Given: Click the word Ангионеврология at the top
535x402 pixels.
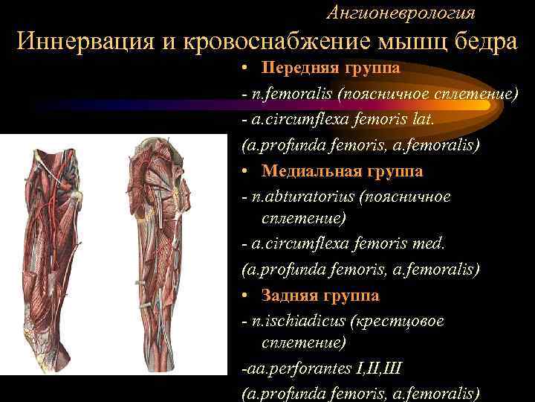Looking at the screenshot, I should click(401, 13).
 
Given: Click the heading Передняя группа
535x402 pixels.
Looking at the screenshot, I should click(331, 68).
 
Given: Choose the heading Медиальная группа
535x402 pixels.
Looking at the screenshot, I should click(342, 171).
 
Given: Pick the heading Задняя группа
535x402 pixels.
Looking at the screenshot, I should click(320, 296).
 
